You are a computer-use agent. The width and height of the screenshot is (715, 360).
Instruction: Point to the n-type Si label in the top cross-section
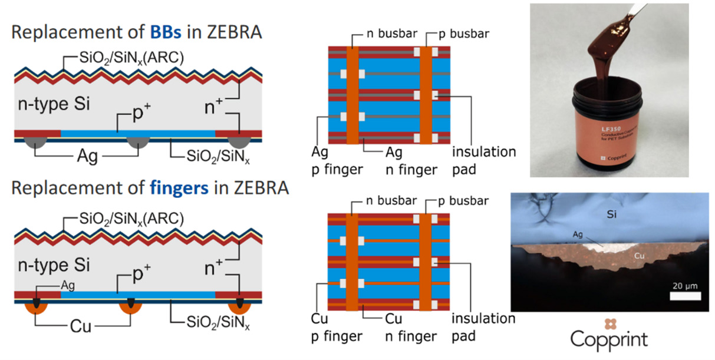[x=54, y=106]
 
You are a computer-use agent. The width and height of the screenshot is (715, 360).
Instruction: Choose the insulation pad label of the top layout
[x=483, y=161]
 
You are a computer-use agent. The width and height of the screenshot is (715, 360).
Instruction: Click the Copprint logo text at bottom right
[x=609, y=339]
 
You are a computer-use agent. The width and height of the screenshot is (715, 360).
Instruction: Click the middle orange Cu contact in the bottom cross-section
[x=130, y=307]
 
